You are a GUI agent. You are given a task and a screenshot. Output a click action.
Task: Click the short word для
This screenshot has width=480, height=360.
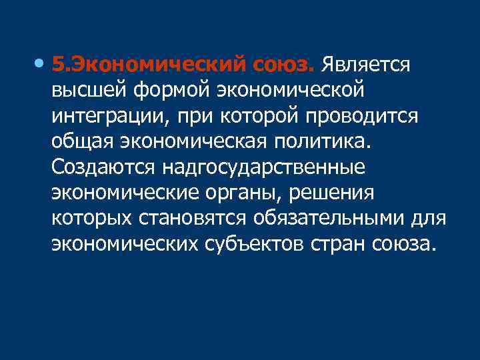[x=430, y=218]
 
